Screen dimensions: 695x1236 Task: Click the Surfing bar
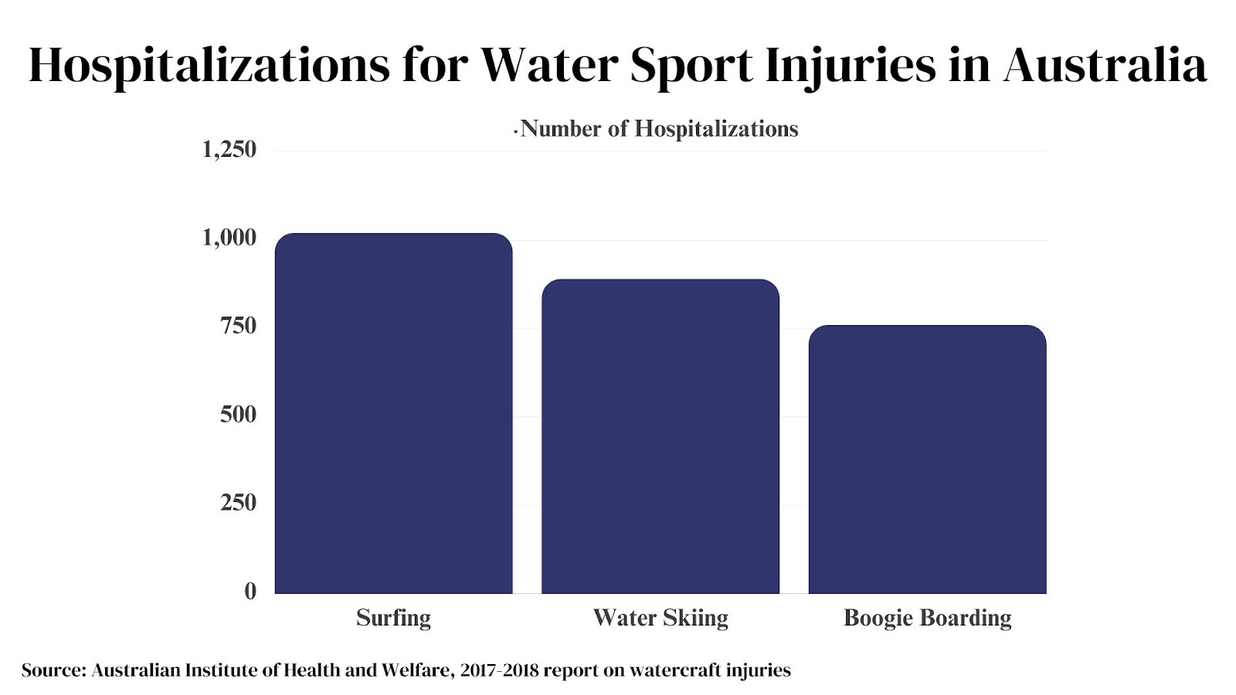pyautogui.click(x=393, y=413)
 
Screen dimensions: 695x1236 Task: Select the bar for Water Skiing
pyautogui.click(x=660, y=436)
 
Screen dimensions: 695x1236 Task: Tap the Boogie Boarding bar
pyautogui.click(x=927, y=459)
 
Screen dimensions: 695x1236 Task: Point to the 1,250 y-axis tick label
pyautogui.click(x=229, y=149)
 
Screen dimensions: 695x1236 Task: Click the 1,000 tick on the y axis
pyautogui.click(x=229, y=238)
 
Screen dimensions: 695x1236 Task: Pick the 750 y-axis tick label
pyautogui.click(x=238, y=326)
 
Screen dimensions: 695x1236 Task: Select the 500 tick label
pyautogui.click(x=238, y=415)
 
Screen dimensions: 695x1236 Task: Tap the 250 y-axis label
pyautogui.click(x=238, y=503)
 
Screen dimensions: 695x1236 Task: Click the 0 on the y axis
pyautogui.click(x=250, y=592)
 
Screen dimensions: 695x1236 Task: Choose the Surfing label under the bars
pyautogui.click(x=393, y=618)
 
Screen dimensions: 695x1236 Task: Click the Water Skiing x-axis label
pyautogui.click(x=660, y=618)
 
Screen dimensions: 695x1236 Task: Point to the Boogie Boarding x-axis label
pyautogui.click(x=927, y=618)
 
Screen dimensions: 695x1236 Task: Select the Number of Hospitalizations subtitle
pyautogui.click(x=659, y=129)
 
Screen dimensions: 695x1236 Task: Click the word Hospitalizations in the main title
pyautogui.click(x=209, y=65)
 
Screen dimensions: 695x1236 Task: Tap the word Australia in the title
pyautogui.click(x=1105, y=65)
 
